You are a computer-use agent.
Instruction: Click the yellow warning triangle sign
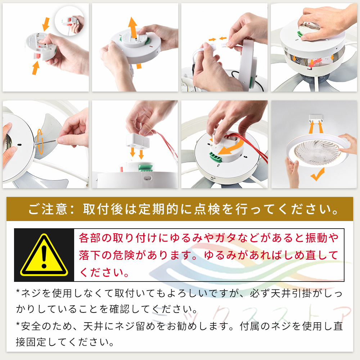point(44,255)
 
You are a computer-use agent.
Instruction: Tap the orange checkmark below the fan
point(318,174)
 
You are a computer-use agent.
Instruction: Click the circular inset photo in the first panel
point(69,21)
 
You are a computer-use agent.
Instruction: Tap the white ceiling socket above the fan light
point(316,120)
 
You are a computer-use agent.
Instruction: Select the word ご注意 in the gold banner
point(48,209)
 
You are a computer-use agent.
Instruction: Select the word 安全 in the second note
point(31,326)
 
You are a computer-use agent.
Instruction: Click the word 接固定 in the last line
point(31,342)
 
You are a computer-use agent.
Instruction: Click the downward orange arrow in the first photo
point(46,24)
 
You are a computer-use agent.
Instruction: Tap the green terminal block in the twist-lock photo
point(216,157)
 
